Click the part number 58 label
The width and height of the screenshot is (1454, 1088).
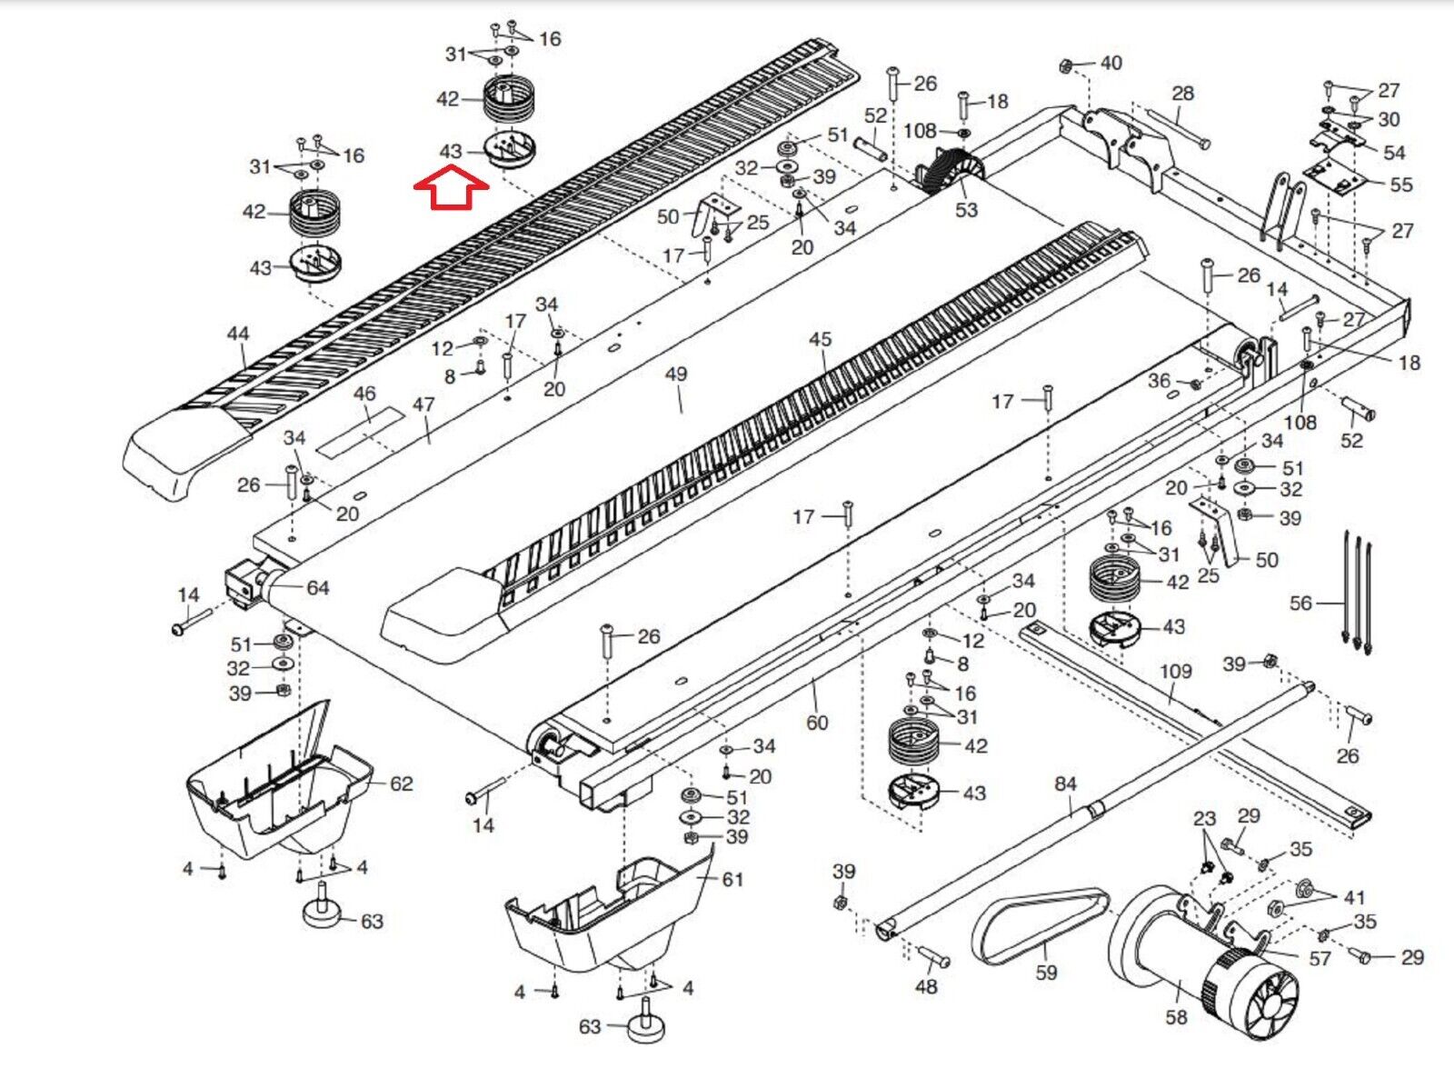pos(1177,1016)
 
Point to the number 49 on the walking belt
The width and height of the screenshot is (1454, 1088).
pos(676,374)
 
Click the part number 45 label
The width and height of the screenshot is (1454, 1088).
pos(820,340)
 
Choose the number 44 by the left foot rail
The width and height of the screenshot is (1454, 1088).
pos(238,334)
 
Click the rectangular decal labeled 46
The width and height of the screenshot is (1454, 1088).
pos(361,433)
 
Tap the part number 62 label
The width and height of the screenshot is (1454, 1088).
pos(401,784)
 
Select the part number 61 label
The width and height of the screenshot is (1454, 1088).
pos(732,880)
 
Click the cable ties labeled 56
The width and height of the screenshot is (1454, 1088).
pos(1355,595)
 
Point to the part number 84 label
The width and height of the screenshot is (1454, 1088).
pos(1065,784)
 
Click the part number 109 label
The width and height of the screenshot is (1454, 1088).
pos(1176,671)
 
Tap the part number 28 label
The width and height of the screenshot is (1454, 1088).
pos(1182,94)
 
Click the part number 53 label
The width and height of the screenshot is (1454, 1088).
pos(967,210)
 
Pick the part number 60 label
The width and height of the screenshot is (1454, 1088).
pos(817,723)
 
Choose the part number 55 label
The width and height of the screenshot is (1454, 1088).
pos(1401,185)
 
